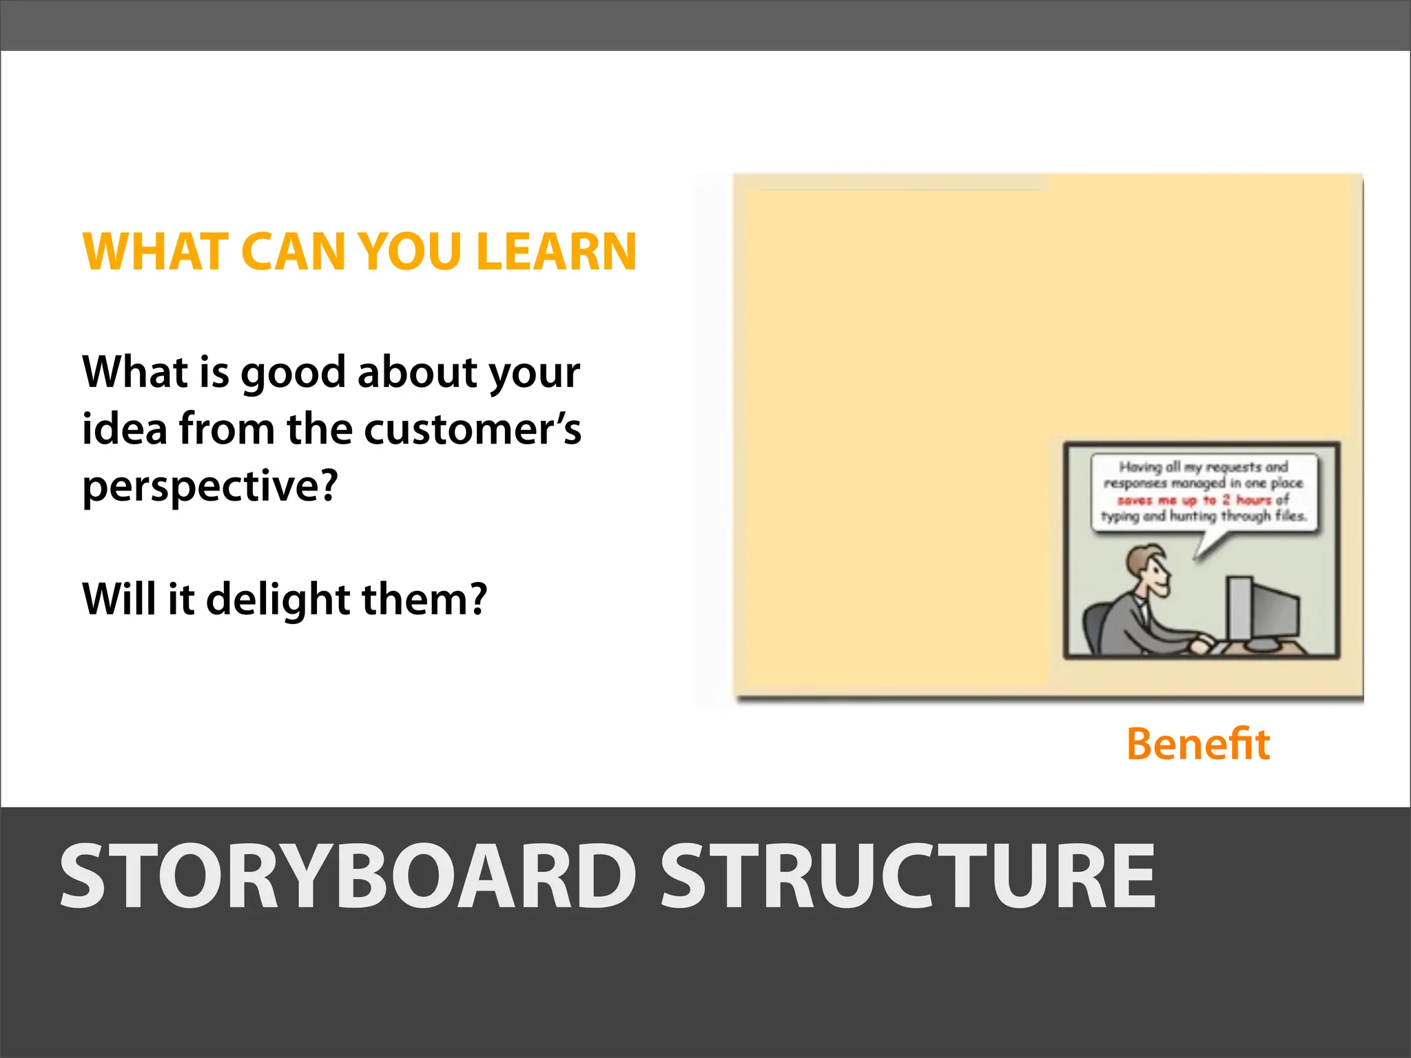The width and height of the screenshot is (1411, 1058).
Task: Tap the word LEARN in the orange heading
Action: point(556,252)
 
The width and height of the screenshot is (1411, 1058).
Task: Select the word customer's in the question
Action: point(472,430)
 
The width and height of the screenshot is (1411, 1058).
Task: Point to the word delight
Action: point(279,599)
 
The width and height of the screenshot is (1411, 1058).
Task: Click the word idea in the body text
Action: point(125,430)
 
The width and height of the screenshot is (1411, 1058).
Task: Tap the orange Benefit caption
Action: point(1198,745)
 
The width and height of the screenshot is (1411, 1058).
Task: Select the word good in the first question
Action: point(293,373)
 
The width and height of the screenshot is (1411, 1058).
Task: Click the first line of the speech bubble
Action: point(1203,467)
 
